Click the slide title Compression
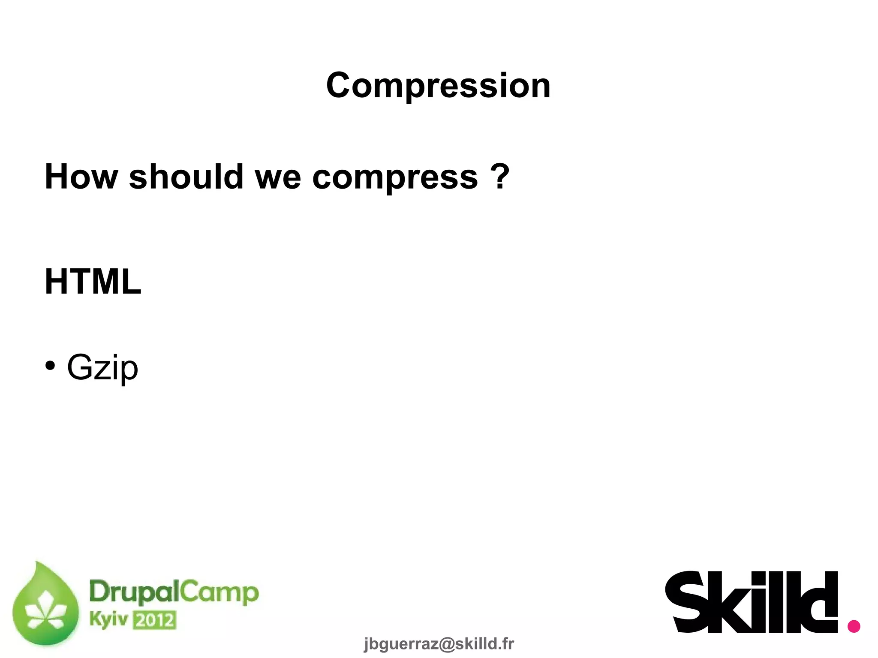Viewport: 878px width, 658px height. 438,86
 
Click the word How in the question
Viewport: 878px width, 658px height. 81,177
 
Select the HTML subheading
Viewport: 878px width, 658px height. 93,282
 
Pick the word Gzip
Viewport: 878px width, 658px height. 103,367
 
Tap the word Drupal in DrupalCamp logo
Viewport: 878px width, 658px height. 133,593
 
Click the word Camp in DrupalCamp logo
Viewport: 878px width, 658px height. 219,593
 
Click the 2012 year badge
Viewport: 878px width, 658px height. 154,620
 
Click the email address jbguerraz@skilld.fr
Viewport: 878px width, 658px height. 439,644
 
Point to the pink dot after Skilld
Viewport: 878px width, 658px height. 854,626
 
